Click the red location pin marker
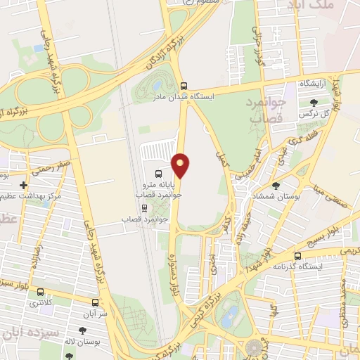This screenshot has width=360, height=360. tap(181, 165)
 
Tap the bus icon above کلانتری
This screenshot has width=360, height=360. tap(39, 292)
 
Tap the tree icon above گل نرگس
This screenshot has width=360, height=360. tap(313, 103)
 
